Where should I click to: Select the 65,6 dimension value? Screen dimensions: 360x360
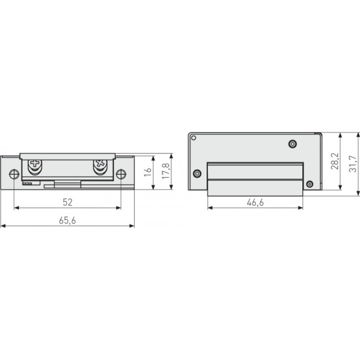67,219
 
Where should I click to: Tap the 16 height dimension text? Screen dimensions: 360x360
147,172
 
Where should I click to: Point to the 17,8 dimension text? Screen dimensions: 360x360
164,172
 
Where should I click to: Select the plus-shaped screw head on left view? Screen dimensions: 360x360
35,164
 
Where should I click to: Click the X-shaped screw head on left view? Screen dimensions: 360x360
100,164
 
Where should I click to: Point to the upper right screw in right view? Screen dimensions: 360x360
292,145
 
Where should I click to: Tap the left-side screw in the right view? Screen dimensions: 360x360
197,174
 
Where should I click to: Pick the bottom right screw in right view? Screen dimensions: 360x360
310,184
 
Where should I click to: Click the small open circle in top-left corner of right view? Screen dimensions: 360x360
193,137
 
